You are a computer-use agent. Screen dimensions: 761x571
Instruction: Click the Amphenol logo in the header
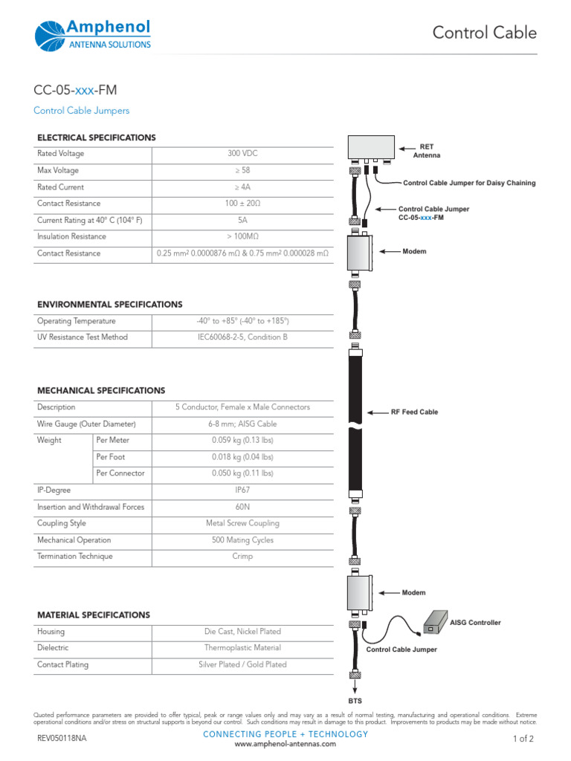[93, 34]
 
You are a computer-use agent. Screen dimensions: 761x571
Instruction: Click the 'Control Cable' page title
[484, 33]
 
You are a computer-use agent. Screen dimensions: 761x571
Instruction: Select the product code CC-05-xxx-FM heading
[75, 91]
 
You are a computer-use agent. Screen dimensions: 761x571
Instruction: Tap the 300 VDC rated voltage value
[242, 154]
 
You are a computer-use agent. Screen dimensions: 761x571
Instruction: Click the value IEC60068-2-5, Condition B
[242, 337]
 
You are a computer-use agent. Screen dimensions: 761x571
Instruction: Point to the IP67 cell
[242, 490]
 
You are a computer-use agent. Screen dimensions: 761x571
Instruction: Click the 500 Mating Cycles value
[242, 540]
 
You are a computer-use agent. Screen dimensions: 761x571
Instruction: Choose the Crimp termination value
[242, 557]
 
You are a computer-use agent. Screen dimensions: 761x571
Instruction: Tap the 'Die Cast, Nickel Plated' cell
[242, 632]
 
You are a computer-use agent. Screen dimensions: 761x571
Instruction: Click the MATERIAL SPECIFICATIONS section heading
[94, 615]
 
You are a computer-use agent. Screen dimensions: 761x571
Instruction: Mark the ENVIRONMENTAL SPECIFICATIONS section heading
[110, 305]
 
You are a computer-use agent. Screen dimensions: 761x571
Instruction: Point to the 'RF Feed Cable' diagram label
[414, 412]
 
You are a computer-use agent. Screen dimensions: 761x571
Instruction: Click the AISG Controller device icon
[433, 622]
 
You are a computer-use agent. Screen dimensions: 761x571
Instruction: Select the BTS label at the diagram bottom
[355, 700]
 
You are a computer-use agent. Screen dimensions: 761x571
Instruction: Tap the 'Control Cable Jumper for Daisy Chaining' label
[468, 183]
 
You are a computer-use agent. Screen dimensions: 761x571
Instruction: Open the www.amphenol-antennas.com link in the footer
[285, 744]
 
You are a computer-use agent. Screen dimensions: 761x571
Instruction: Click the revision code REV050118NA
[62, 739]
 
